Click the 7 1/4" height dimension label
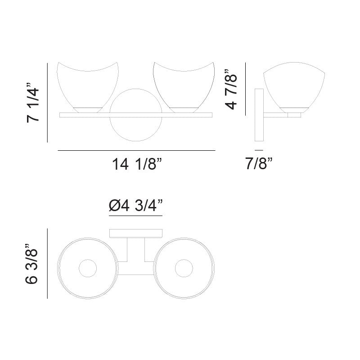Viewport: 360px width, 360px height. pos(33,103)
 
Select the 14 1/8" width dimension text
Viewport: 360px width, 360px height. pos(137,164)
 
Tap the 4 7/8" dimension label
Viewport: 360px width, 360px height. pos(230,89)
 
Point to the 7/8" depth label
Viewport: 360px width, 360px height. pos(259,163)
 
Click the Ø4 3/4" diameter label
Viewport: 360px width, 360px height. pos(136,205)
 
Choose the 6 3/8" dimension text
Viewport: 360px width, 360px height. pos(31,264)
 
